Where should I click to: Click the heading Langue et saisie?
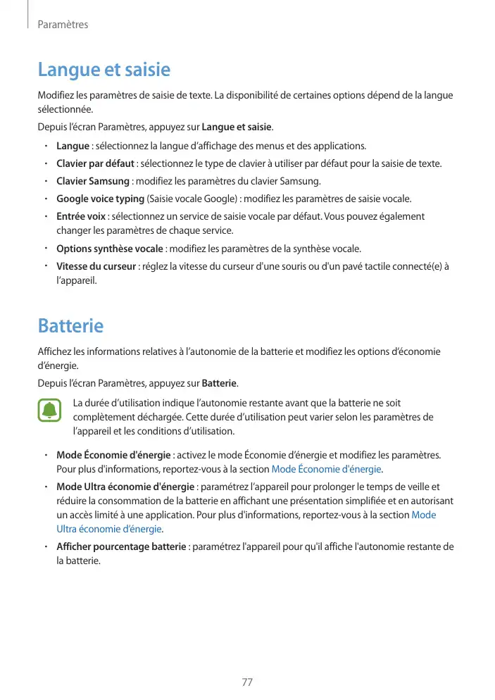(x=104, y=70)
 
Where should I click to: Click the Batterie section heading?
(x=70, y=327)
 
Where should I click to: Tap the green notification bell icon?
(x=49, y=411)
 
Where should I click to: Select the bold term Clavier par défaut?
(x=95, y=164)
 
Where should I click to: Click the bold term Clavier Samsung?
(x=92, y=181)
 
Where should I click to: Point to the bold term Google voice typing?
(x=101, y=199)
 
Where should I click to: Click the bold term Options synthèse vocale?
(x=109, y=249)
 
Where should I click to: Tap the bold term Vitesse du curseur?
(x=96, y=266)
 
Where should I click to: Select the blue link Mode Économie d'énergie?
(x=326, y=469)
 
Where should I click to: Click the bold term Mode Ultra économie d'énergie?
(x=125, y=487)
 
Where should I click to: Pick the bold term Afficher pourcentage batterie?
(x=121, y=546)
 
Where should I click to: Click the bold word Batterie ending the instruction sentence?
(x=220, y=384)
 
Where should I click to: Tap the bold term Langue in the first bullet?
(x=73, y=146)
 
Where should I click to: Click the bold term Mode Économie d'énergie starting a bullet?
(x=113, y=455)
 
